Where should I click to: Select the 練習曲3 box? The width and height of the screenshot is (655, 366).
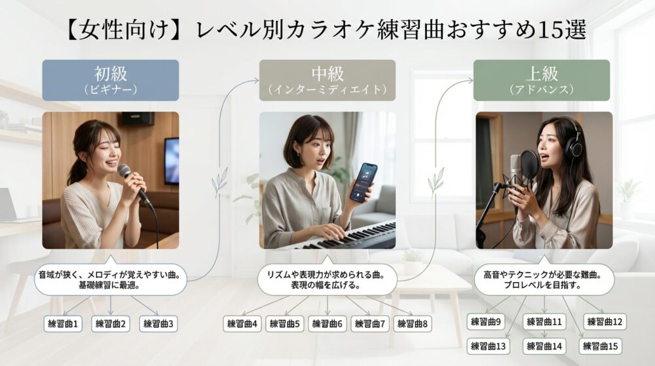click(x=158, y=323)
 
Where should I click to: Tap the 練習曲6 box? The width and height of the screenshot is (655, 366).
click(x=327, y=323)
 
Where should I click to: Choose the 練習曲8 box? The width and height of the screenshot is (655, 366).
click(x=412, y=323)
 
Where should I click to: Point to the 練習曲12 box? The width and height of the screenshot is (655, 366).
click(x=606, y=322)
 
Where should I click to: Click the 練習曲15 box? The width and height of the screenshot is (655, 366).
click(x=601, y=346)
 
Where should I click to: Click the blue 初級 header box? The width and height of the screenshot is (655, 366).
click(x=110, y=79)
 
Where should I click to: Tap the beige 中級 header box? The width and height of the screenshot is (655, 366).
click(x=327, y=79)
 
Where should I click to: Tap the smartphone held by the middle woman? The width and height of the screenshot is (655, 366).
click(x=362, y=182)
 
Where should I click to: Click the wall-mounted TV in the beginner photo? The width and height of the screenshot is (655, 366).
click(x=172, y=160)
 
